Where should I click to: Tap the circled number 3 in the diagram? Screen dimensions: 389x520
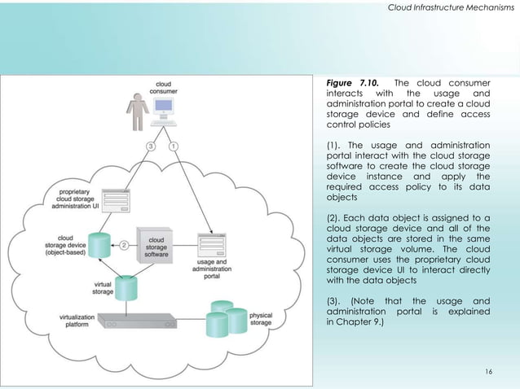(x=151, y=146)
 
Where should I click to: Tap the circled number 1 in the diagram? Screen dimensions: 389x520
(x=174, y=146)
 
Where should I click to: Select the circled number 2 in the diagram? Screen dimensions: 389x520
(x=125, y=243)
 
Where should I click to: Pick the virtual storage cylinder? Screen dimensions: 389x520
(x=127, y=287)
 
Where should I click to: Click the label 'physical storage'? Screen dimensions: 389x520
(x=260, y=318)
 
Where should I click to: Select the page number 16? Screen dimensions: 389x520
(x=488, y=371)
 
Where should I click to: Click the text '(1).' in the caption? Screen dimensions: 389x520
(x=333, y=146)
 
